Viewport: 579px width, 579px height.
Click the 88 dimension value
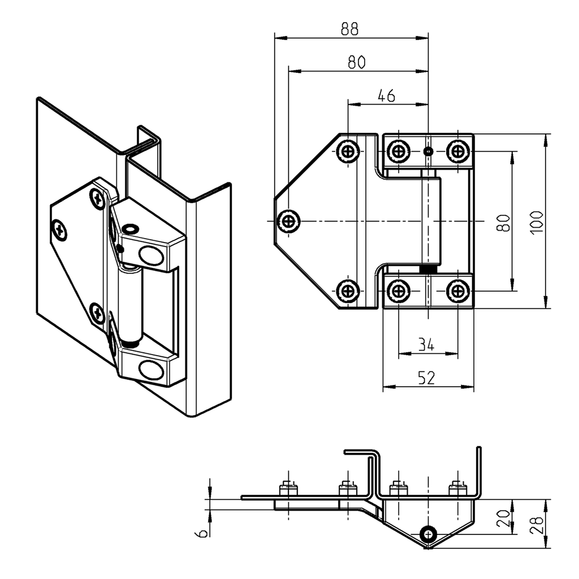[349, 29]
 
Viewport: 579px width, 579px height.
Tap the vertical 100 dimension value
[537, 222]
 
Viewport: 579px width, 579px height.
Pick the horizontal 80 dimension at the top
[356, 62]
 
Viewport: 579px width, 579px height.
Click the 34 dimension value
[426, 344]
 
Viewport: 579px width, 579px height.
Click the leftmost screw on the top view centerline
[289, 221]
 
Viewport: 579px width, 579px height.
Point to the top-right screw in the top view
[458, 151]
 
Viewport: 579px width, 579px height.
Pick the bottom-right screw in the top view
[458, 291]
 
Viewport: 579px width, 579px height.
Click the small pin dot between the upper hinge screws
[429, 151]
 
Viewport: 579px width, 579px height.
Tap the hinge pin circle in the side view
[429, 534]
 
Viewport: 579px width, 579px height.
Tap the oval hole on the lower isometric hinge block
[151, 370]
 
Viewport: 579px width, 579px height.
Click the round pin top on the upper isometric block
[129, 228]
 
